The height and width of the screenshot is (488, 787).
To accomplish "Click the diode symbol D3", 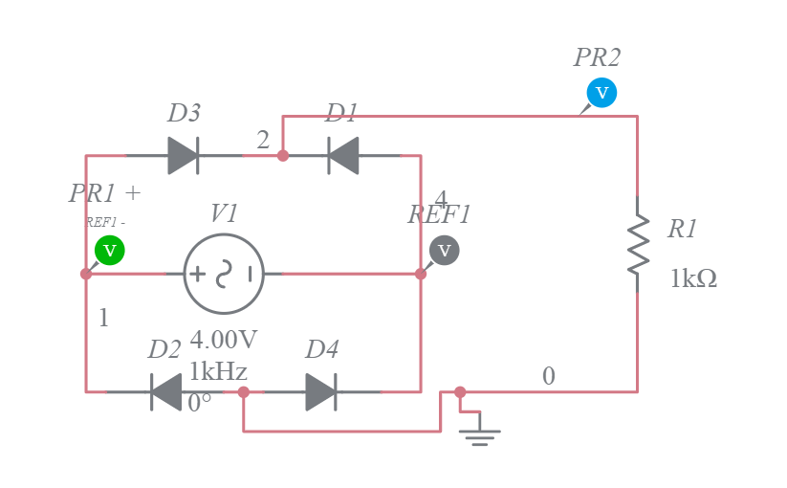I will tap(183, 155).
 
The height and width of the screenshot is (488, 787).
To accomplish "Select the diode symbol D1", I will tap(343, 155).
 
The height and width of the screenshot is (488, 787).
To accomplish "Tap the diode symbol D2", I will tap(165, 391).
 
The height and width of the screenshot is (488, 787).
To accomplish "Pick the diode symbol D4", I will tap(321, 391).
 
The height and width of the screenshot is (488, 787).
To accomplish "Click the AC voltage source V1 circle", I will tap(224, 274).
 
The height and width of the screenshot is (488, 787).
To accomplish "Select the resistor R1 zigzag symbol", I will tap(637, 245).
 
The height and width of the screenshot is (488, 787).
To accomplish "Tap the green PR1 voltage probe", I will tap(110, 250).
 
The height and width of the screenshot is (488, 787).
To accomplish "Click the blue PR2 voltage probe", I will tap(601, 93).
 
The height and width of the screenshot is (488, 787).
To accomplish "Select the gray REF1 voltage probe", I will tap(444, 251).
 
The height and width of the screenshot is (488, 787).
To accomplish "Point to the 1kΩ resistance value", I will tap(693, 278).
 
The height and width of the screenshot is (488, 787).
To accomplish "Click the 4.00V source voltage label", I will tap(223, 340).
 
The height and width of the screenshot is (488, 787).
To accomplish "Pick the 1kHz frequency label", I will tap(218, 371).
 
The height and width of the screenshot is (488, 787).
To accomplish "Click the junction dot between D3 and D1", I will tap(283, 155).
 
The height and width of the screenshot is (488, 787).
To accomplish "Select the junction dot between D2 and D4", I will tap(244, 391).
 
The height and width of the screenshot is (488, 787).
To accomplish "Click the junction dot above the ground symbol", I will tap(460, 391).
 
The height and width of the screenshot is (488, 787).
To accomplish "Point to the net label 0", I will tap(548, 376).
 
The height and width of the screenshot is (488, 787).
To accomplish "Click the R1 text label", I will tap(683, 229).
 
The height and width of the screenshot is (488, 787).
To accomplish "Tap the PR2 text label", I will tap(597, 57).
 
